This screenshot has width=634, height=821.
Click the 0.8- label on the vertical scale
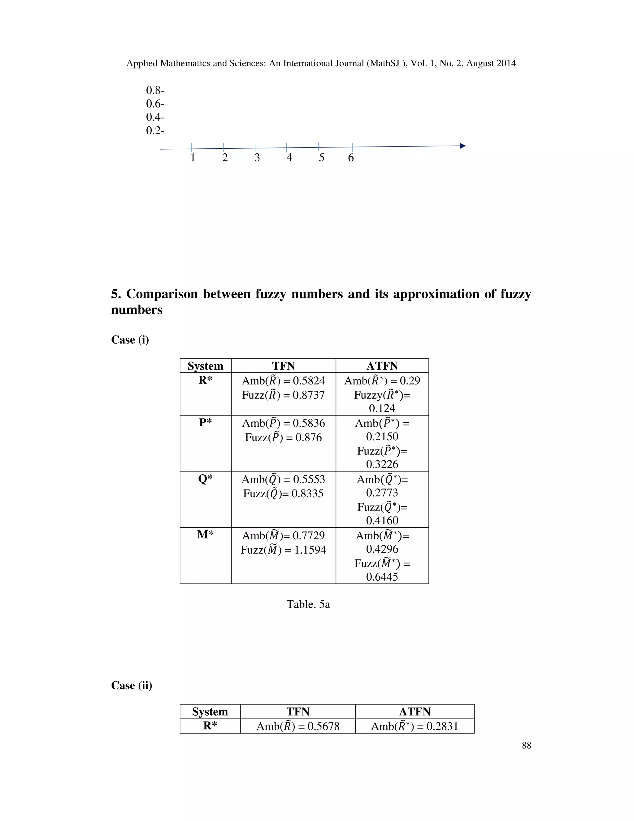click(155, 90)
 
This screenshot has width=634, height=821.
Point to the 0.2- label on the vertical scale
click(155, 131)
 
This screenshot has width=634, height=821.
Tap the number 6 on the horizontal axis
click(351, 158)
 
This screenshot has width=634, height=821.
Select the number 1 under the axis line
click(193, 158)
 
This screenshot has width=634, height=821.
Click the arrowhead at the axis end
click(463, 146)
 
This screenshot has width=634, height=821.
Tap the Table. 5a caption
click(308, 604)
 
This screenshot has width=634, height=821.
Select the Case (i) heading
click(130, 340)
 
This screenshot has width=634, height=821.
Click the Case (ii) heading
click(132, 685)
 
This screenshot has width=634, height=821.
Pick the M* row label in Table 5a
click(205, 534)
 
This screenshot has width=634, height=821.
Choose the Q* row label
click(205, 479)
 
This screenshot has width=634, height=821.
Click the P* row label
click(205, 423)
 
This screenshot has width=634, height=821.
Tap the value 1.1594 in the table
click(310, 550)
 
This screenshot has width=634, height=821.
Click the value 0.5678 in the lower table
click(324, 726)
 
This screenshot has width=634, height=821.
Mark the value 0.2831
click(442, 726)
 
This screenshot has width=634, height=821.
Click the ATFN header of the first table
click(382, 366)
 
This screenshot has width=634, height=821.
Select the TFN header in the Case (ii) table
click(298, 712)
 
